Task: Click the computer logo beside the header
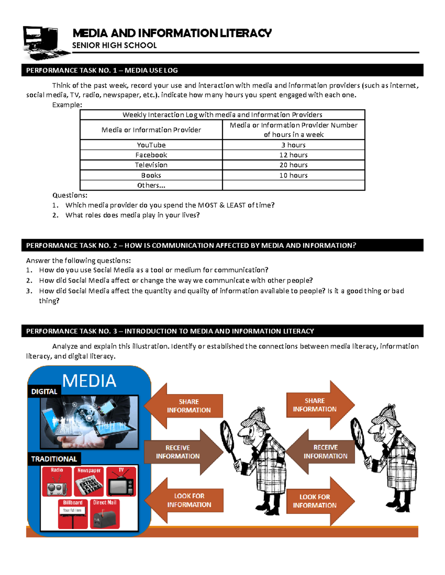(44, 42)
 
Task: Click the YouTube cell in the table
(151, 145)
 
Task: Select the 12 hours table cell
(293, 155)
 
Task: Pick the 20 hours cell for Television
(293, 165)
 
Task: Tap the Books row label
(151, 175)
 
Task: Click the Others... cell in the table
(151, 185)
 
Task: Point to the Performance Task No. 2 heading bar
(222, 245)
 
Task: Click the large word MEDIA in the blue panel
(89, 381)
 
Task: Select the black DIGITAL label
(44, 391)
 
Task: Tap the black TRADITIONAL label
(54, 459)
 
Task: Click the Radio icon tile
(57, 481)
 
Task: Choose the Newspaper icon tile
(89, 481)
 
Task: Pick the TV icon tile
(121, 481)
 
